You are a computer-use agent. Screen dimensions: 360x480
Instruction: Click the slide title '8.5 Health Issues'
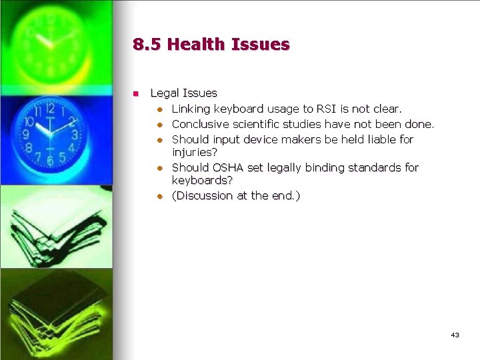(x=211, y=45)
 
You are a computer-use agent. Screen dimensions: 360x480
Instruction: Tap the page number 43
(x=455, y=335)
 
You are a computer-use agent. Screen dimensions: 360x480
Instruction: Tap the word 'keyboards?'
(x=202, y=180)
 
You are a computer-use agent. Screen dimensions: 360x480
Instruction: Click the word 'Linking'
(x=191, y=108)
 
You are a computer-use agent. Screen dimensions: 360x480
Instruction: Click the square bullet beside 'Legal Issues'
(x=136, y=93)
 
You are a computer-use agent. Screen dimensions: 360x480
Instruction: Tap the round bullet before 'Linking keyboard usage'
(x=161, y=109)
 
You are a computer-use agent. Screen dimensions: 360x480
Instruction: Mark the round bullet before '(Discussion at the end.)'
(x=161, y=196)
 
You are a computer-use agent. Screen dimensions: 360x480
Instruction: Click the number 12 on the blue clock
(x=50, y=108)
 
